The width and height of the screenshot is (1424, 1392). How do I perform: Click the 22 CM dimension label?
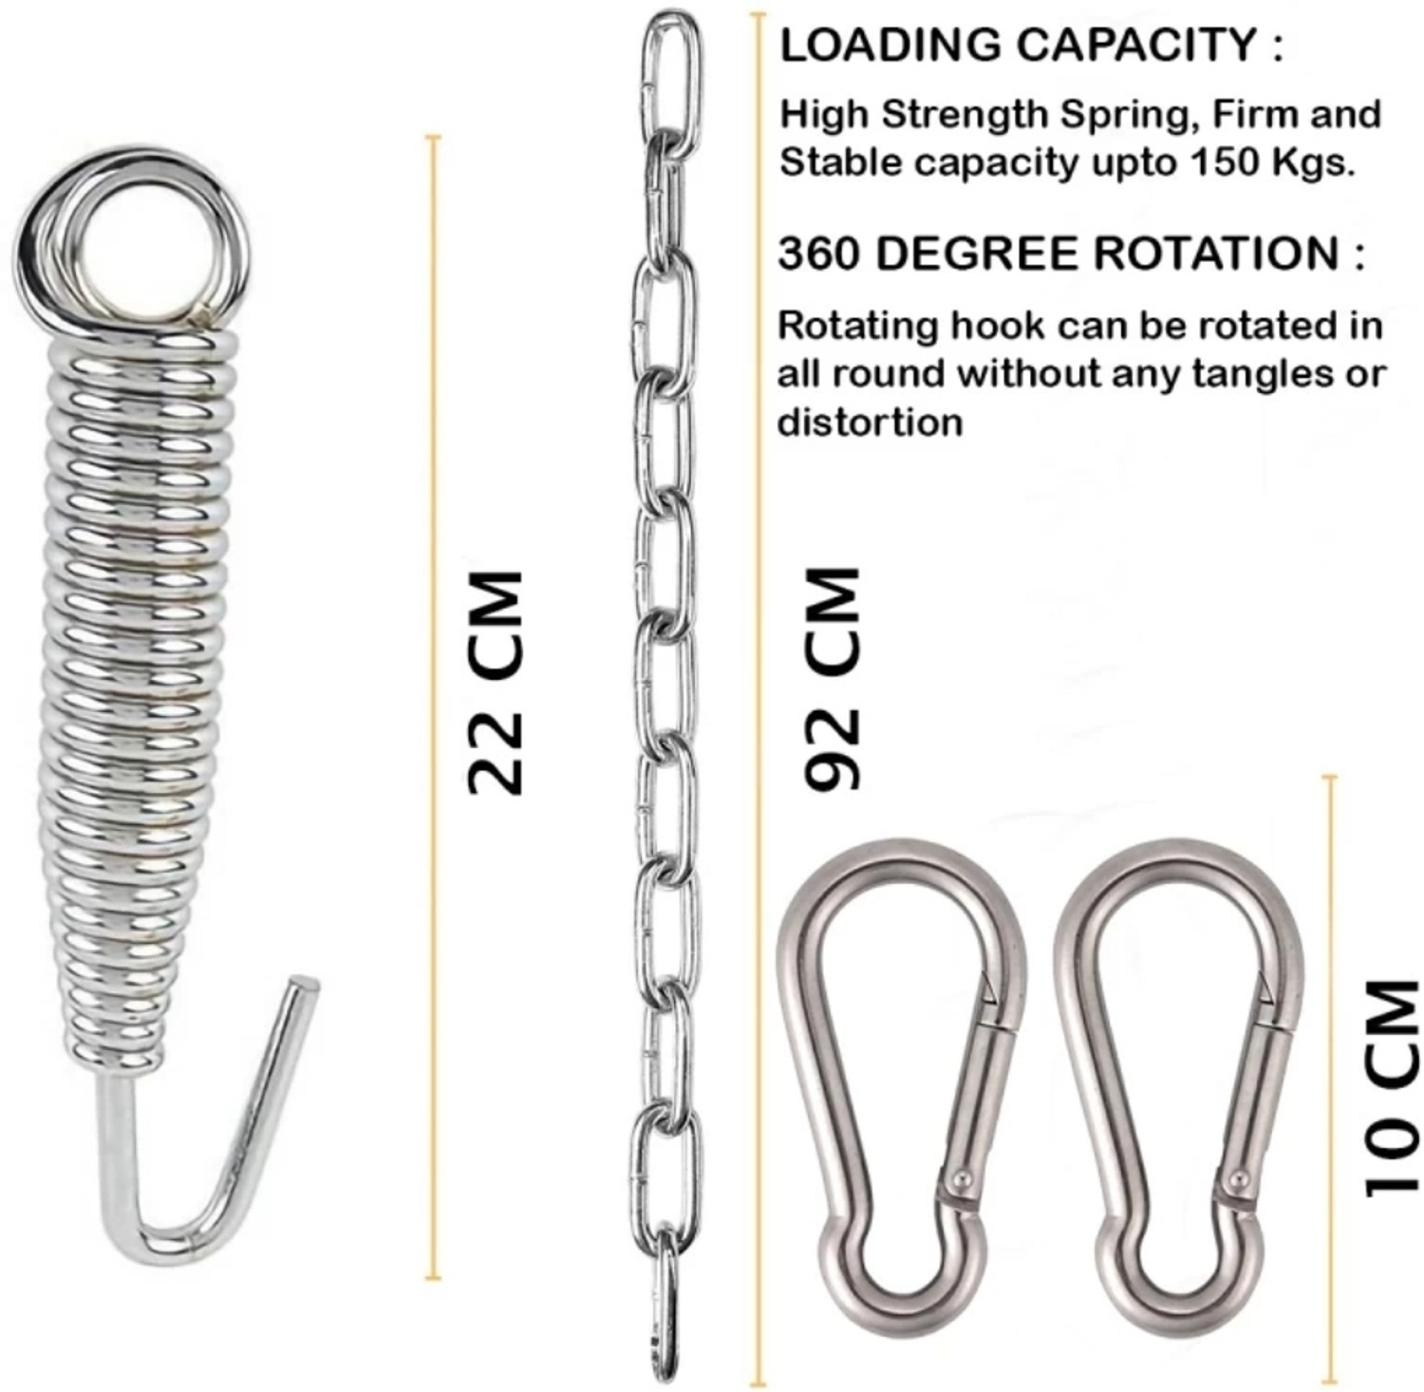click(x=496, y=681)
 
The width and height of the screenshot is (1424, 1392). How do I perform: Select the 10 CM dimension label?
click(x=1392, y=1087)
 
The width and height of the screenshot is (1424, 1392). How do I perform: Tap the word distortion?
click(x=870, y=422)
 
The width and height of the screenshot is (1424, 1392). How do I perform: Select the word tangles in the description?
click(x=1262, y=375)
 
